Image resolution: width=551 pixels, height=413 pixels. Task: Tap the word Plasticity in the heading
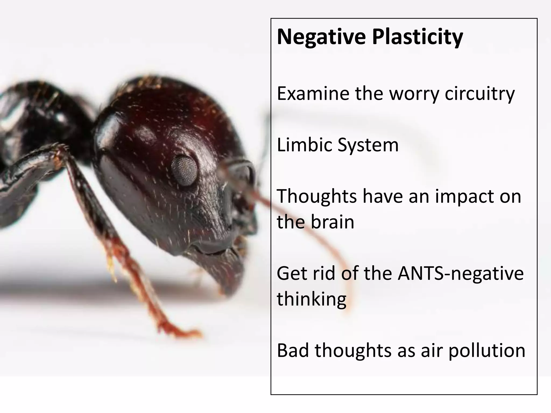coord(417,37)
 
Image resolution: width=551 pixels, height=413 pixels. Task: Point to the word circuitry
coord(479,94)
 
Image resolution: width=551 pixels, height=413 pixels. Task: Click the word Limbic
coord(304,145)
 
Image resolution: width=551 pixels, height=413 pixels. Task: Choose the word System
coord(368,145)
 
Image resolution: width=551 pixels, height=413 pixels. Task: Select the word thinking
coord(311,299)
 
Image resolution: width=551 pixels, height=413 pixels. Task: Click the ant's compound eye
coord(185,170)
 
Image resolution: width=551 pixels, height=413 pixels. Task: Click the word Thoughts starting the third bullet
coord(317,196)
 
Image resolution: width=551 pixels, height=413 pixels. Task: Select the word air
coord(431,351)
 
